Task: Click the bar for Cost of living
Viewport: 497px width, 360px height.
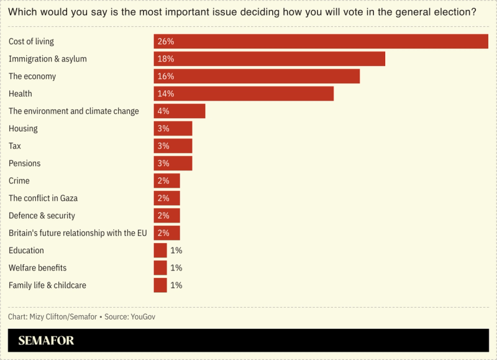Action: [321, 42]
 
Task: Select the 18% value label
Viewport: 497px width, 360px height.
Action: [166, 59]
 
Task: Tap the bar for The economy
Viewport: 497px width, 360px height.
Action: [257, 76]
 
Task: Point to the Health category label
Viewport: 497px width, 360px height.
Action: [21, 94]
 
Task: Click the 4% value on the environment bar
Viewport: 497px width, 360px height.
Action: [163, 111]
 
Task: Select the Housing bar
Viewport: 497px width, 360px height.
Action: [173, 129]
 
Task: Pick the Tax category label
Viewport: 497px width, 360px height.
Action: [15, 146]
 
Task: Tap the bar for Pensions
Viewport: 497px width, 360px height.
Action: [173, 164]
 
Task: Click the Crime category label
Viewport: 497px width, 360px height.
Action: [19, 181]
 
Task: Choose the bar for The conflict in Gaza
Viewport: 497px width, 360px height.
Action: [166, 198]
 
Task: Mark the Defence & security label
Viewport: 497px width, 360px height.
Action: [42, 216]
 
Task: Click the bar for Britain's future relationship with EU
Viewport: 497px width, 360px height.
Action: [166, 233]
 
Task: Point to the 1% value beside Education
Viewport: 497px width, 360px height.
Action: [176, 251]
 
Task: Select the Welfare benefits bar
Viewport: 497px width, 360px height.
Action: [160, 268]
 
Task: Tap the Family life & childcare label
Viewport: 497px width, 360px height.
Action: [47, 285]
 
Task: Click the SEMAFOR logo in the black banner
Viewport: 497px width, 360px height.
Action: [46, 341]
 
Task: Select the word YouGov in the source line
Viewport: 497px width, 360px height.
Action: [142, 316]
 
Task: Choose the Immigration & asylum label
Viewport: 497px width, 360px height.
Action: [48, 59]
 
